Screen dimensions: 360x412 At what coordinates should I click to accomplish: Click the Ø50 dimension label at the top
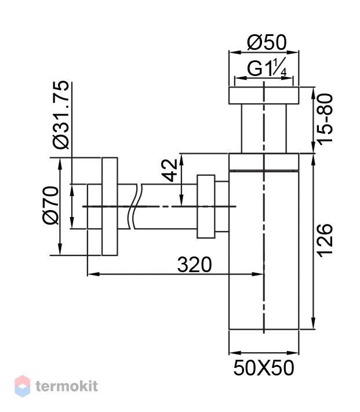pos(267,43)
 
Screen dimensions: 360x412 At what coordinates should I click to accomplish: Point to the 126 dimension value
pos(325,240)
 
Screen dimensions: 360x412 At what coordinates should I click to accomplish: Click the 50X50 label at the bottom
pos(264,368)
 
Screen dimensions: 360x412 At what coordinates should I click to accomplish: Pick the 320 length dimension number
pos(194,265)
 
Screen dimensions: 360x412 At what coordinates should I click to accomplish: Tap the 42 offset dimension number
pos(170,170)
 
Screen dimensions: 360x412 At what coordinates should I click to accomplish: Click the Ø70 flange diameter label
pos(51,205)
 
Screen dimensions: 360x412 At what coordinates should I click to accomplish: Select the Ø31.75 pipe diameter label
pos(61,115)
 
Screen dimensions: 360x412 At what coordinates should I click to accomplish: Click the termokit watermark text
pos(67,386)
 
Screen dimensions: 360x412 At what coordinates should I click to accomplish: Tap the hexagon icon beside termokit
pos(23,386)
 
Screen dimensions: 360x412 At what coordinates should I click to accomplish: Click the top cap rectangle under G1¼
pos(264,95)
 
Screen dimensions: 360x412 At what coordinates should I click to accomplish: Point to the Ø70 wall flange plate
pos(110,207)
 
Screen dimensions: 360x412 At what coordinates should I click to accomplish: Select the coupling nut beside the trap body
pos(206,207)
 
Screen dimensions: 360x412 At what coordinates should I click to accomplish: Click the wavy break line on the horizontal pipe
pos(135,207)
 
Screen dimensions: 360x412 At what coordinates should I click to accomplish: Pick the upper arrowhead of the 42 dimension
pos(181,159)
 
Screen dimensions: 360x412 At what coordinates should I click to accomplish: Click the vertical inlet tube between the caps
pos(264,128)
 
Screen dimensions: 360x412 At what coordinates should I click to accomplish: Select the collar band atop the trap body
pos(264,161)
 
